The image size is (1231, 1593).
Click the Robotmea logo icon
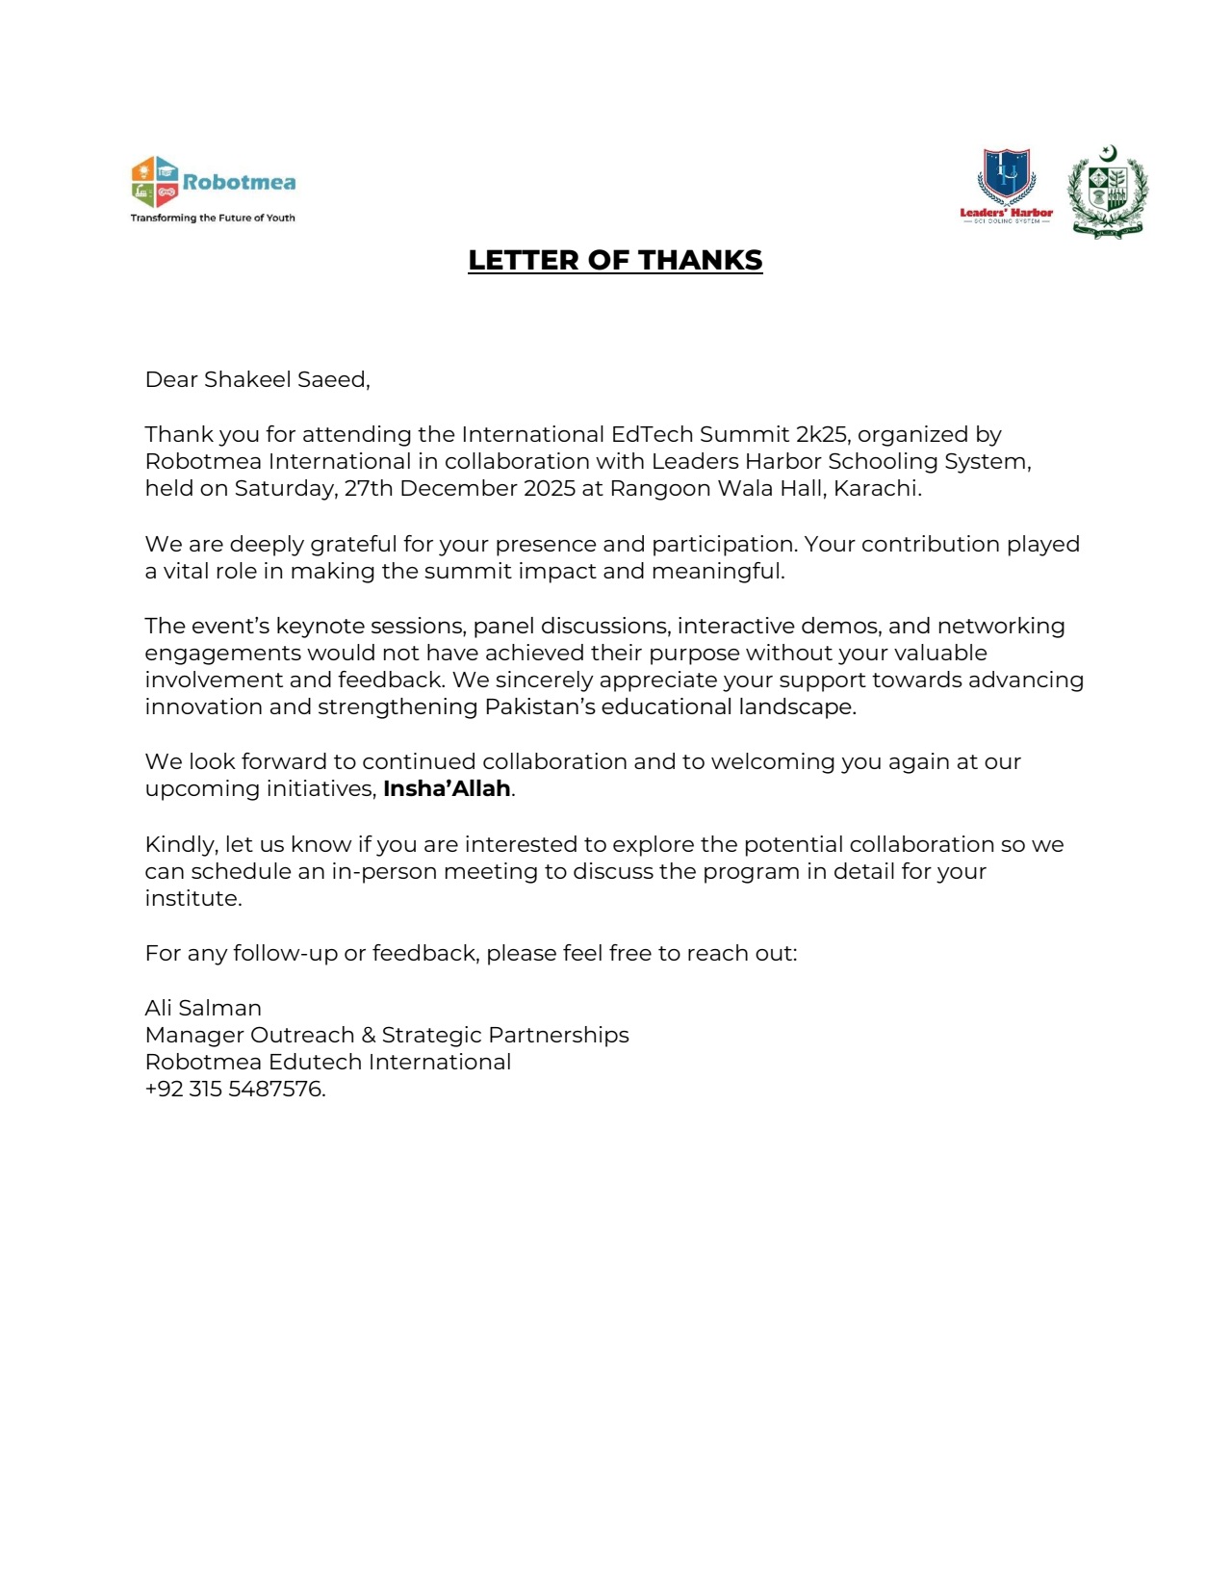click(155, 182)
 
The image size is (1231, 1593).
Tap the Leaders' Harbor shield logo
click(1007, 177)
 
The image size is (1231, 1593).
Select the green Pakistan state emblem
click(1108, 192)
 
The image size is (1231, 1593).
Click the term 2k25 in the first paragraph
click(821, 434)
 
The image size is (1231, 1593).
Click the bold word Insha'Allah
click(447, 788)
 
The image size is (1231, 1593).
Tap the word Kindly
click(182, 844)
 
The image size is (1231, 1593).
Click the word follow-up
click(285, 953)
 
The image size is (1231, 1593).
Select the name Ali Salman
click(203, 1008)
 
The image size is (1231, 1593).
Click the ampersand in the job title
click(369, 1035)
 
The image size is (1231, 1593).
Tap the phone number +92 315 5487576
click(234, 1089)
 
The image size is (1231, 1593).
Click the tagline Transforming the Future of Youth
click(213, 218)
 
